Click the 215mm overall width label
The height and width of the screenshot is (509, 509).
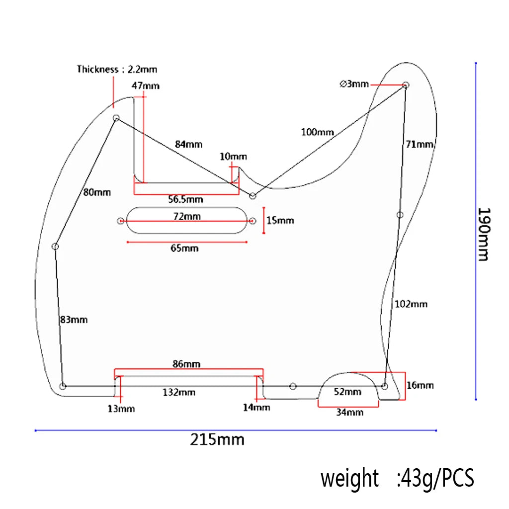[x=217, y=440]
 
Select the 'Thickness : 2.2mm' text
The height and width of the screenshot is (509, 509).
[x=117, y=70]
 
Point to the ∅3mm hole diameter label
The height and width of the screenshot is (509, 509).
[x=354, y=84]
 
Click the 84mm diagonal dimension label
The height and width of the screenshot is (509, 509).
[x=188, y=144]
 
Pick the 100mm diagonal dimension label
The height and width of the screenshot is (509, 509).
[x=317, y=132]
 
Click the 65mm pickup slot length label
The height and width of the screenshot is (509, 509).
[x=184, y=248]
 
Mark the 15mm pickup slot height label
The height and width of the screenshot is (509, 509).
[x=280, y=220]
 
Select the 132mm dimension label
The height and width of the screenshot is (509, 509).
[x=179, y=393]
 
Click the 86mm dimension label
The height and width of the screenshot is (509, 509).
[x=186, y=364]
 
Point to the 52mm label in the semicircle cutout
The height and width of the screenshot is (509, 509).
[x=347, y=392]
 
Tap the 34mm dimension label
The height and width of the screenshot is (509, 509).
[x=349, y=412]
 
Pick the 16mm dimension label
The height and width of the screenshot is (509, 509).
[x=420, y=385]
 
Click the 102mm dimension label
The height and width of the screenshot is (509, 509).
[x=411, y=304]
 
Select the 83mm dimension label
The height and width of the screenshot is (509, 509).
[x=73, y=320]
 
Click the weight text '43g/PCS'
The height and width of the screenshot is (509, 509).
[x=435, y=479]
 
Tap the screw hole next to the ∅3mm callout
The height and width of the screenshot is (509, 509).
[x=406, y=85]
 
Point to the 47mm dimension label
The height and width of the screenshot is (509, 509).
[x=146, y=85]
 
